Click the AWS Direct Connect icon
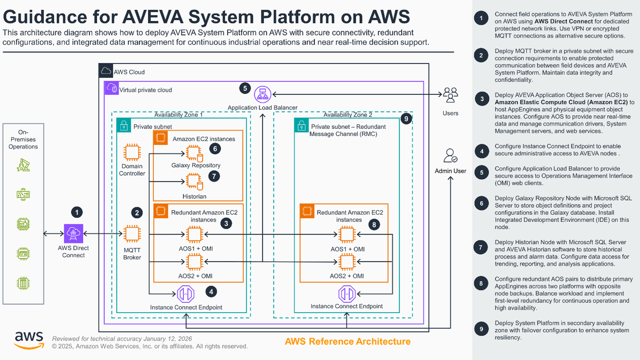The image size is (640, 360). (x=73, y=234)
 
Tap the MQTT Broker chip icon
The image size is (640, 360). (x=132, y=234)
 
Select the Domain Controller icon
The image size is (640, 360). (x=132, y=152)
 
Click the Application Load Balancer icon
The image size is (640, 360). (x=263, y=95)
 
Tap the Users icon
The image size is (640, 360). (x=450, y=95)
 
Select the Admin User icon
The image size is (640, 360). (x=450, y=156)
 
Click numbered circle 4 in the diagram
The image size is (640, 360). (x=211, y=291)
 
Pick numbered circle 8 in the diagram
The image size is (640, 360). (x=374, y=225)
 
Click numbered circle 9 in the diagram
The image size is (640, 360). (x=405, y=119)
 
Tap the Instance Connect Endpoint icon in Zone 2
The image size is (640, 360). (x=346, y=294)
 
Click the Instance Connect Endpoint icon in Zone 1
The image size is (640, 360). (x=186, y=294)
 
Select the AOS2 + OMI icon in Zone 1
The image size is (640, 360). (x=194, y=261)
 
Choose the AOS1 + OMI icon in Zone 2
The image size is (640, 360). (x=346, y=234)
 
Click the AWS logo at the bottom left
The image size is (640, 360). (x=29, y=340)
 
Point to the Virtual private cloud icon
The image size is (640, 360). (x=111, y=89)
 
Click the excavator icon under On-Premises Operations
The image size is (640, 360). (x=23, y=167)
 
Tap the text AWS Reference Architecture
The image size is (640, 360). (x=347, y=342)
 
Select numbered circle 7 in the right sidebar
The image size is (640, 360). (x=482, y=247)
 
